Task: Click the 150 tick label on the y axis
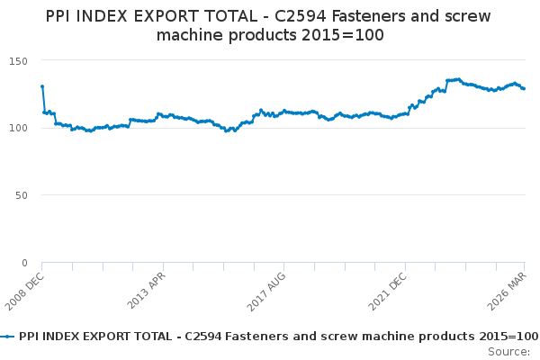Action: tap(18, 61)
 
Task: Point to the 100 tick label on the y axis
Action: tap(18, 128)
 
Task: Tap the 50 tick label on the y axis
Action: tap(22, 195)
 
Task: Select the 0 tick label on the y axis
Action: tap(24, 263)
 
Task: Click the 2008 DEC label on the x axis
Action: tap(24, 292)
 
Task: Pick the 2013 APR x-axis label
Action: tap(147, 291)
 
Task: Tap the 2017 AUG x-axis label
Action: tap(266, 292)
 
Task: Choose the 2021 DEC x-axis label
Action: tap(388, 292)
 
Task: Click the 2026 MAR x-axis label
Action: tap(507, 291)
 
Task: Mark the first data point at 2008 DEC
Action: tap(42, 86)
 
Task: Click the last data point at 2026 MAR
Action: tap(524, 88)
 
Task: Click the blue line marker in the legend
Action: tap(7, 337)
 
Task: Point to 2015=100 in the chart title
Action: tap(342, 35)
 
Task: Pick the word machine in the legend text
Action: tap(383, 337)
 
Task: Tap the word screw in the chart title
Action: tap(468, 17)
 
